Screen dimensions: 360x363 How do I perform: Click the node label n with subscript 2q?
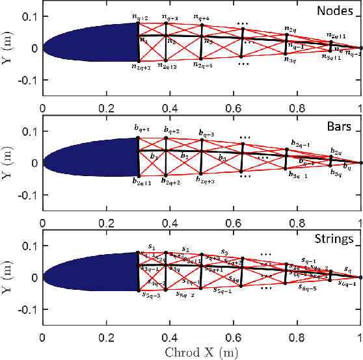[x=291, y=29]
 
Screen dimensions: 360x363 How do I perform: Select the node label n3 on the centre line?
[x=208, y=42]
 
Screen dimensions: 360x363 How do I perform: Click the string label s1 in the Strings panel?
[x=152, y=247]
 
